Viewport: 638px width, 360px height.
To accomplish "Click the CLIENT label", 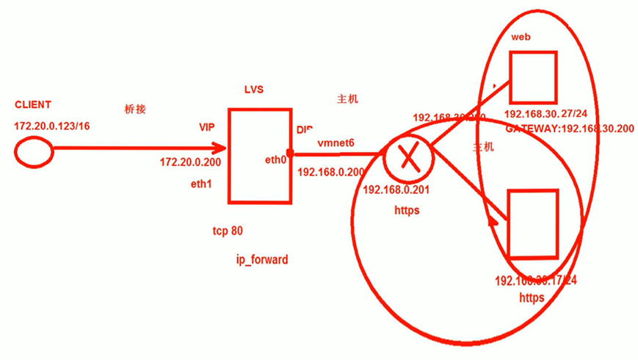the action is click(x=33, y=105).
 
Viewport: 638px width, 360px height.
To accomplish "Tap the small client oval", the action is click(x=34, y=152).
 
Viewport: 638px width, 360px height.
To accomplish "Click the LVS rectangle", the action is click(x=258, y=156).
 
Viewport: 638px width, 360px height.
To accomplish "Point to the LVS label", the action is click(x=253, y=90).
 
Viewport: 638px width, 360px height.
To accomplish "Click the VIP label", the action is click(x=207, y=126).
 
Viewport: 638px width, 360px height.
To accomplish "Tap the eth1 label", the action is click(x=200, y=184).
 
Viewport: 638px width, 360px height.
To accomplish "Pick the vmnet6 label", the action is click(x=336, y=143).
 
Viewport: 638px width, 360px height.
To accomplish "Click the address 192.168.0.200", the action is click(x=330, y=172).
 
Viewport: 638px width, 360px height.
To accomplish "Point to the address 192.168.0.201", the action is click(x=396, y=189).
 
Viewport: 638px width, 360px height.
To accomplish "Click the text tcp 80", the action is click(x=222, y=231).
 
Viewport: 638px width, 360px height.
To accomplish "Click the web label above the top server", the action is click(x=521, y=37).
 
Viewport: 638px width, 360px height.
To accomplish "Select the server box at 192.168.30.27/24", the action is click(x=532, y=77).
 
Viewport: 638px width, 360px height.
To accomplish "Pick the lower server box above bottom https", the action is click(x=533, y=223).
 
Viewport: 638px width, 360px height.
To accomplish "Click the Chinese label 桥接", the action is click(x=135, y=109).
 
